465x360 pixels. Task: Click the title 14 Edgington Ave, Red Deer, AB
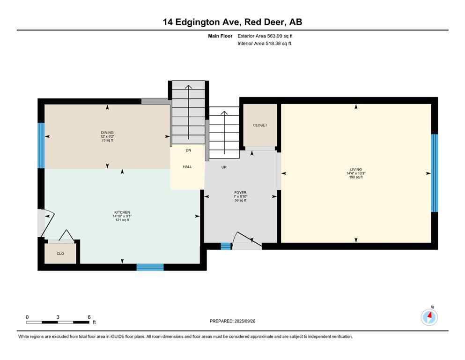232,22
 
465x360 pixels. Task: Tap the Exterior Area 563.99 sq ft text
265,36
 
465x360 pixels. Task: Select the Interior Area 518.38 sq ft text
264,44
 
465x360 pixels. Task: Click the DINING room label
107,133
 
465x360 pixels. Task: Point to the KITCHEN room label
122,212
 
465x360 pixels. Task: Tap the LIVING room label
356,170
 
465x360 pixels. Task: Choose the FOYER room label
240,193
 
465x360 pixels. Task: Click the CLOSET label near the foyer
260,125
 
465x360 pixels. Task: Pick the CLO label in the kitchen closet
60,254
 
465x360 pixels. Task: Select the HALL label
187,167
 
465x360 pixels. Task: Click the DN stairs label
188,150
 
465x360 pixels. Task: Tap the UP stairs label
223,167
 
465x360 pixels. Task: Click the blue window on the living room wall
434,173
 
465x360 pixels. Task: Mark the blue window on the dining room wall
41,145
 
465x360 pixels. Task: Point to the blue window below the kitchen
150,267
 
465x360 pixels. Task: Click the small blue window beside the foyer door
226,246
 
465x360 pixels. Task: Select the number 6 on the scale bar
89,317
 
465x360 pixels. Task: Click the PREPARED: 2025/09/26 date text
232,321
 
